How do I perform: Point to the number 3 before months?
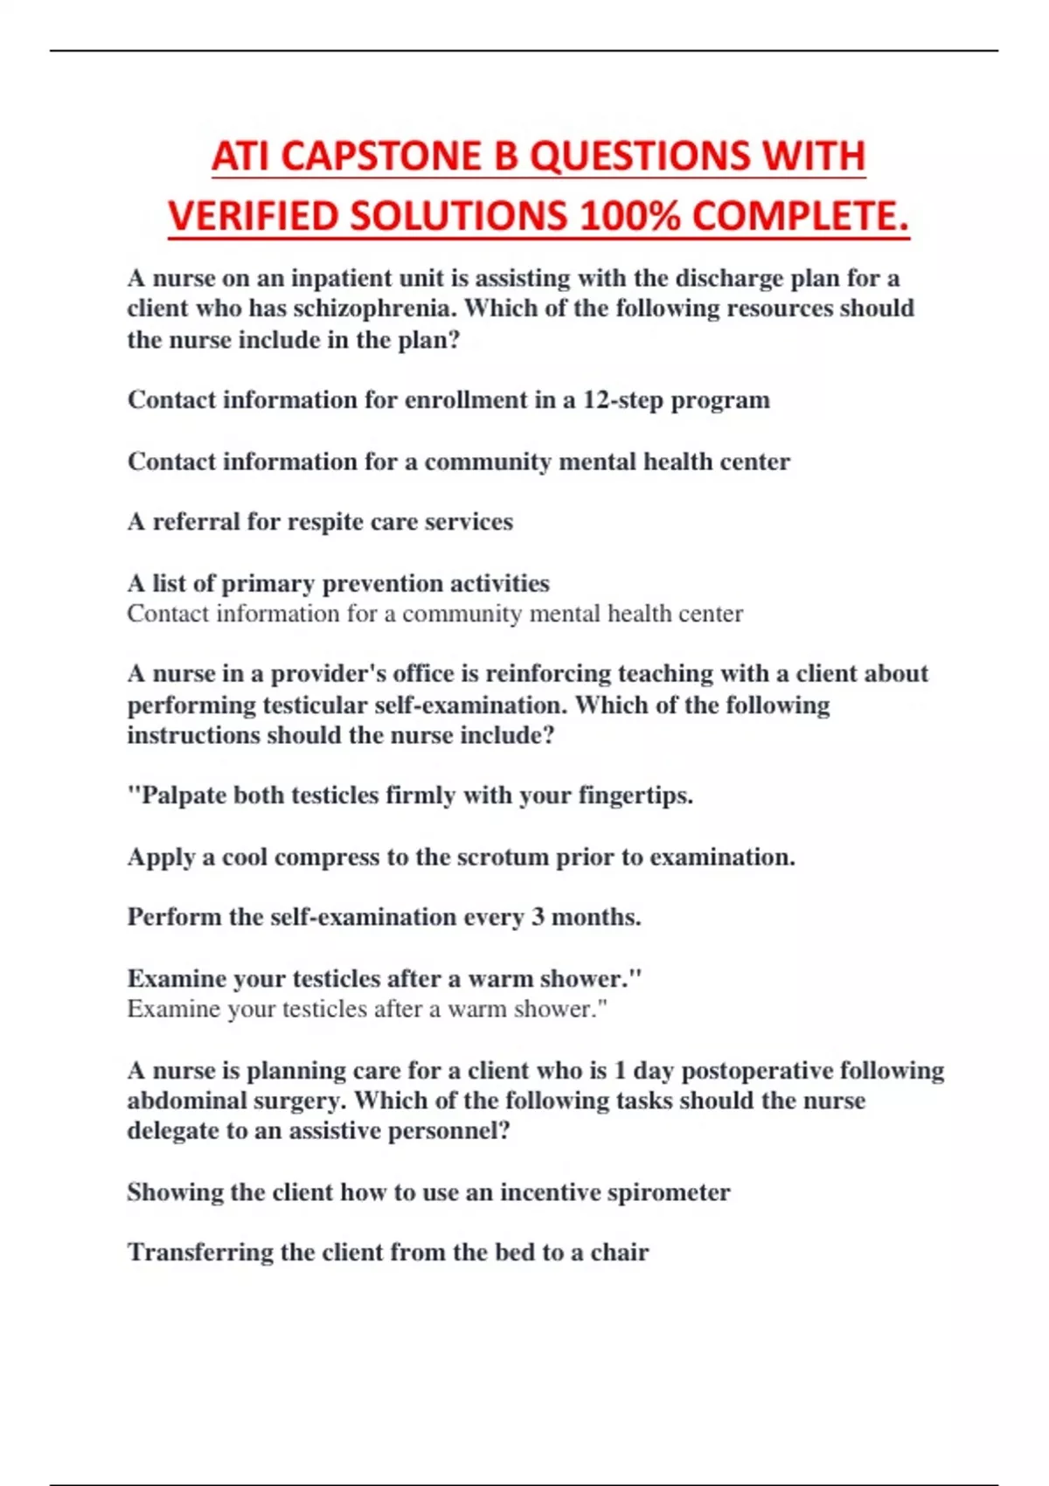tap(538, 917)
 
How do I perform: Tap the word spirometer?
tap(670, 1192)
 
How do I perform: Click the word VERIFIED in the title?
tap(254, 216)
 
